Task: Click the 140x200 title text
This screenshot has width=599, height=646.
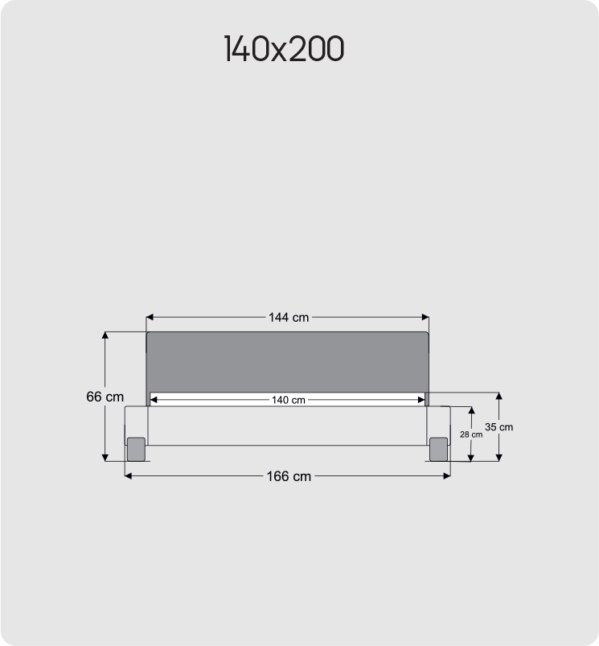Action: pos(284,50)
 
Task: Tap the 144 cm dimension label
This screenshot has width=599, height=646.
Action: pos(288,318)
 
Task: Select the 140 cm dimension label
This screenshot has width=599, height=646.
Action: pos(288,400)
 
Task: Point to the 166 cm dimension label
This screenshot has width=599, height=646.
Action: pos(288,476)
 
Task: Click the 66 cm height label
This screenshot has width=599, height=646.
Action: pos(105,397)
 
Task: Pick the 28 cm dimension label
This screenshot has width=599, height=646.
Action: pos(471,434)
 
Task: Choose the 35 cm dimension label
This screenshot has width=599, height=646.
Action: pos(499,427)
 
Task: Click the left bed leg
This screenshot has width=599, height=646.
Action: pos(136,449)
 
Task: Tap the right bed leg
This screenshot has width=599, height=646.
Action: pos(438,449)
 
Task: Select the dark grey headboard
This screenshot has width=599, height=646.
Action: pos(287,362)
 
